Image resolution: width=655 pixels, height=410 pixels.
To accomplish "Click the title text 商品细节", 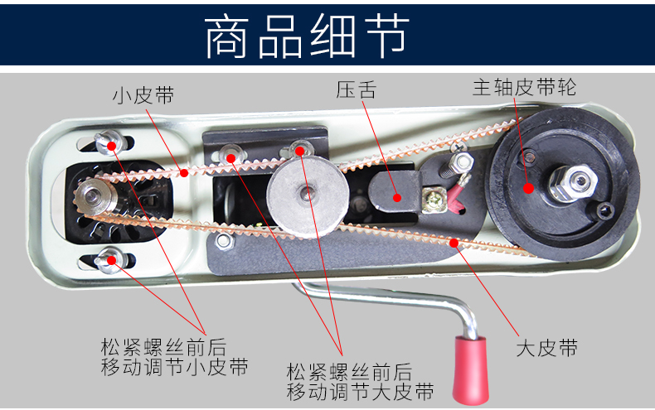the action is tap(307, 36).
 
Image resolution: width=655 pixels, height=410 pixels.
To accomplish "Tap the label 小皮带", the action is tap(143, 95).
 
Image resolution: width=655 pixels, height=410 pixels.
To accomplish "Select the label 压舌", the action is tap(356, 89).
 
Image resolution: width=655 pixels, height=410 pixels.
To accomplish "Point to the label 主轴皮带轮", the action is tap(524, 87).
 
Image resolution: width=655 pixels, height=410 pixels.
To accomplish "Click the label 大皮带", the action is tap(547, 348).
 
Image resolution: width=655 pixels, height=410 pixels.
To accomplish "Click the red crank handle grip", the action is tap(471, 370).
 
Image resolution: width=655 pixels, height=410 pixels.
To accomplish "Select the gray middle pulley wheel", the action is tap(308, 196).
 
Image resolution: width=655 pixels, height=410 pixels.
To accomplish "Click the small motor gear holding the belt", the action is tap(93, 196).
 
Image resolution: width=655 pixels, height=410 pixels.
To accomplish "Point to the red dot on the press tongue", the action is tap(397, 197).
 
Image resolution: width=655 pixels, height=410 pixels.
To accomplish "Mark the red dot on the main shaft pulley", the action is tap(528, 188).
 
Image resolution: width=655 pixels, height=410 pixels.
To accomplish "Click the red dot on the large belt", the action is tap(454, 243).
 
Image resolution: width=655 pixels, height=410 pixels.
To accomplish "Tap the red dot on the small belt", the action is tap(184, 172).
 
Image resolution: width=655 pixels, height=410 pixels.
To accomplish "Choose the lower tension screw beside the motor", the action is tap(109, 261).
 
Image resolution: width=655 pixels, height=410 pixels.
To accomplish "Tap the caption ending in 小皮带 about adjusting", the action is tap(174, 357).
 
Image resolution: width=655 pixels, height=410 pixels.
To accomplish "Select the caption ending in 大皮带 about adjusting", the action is tap(360, 382).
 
